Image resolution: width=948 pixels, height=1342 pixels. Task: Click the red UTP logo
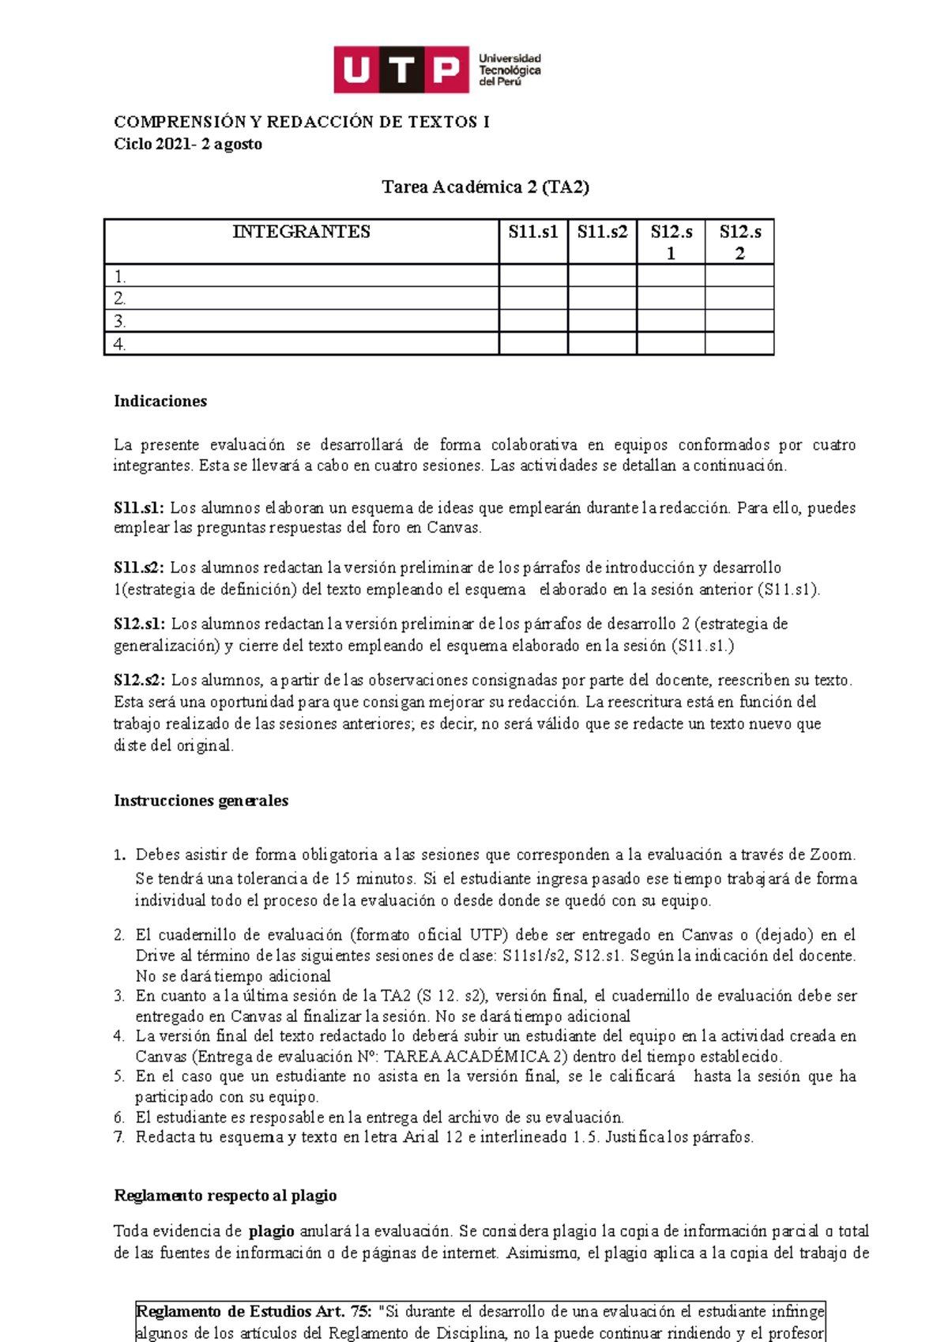point(401,70)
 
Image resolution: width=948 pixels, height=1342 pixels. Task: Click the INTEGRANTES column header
point(301,232)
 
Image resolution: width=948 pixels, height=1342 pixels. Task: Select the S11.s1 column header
point(533,232)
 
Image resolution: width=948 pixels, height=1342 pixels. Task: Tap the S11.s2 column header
point(602,232)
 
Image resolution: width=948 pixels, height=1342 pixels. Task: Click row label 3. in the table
point(120,322)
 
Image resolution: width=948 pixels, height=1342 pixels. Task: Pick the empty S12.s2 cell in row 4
point(739,344)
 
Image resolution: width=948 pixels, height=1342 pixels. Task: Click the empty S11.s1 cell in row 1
point(533,276)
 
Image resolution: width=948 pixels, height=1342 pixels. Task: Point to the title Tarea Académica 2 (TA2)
point(485,187)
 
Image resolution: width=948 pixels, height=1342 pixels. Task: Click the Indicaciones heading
point(160,401)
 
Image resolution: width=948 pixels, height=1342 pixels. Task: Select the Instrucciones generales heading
point(201,801)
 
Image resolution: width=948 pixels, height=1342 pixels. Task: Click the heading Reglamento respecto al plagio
point(225,1196)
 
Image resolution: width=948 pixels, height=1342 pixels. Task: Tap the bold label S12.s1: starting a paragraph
point(139,624)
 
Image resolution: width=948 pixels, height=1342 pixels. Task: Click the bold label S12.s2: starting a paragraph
point(139,680)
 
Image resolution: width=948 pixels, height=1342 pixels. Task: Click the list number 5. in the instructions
point(119,1076)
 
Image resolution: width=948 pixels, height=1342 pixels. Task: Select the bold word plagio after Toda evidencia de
point(271,1231)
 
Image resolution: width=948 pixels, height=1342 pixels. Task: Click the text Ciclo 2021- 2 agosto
point(188,144)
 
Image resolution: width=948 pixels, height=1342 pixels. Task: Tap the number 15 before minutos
point(342,878)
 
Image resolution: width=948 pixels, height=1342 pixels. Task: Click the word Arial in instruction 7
point(421,1137)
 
